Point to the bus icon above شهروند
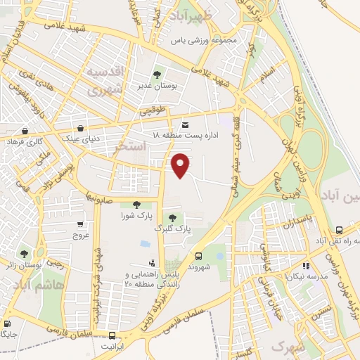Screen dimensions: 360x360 [199, 256]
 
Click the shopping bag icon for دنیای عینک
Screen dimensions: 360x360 [81, 129]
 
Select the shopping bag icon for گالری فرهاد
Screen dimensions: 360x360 [25, 131]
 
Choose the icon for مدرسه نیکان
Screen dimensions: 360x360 [306, 266]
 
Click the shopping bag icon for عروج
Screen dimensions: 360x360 [80, 225]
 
